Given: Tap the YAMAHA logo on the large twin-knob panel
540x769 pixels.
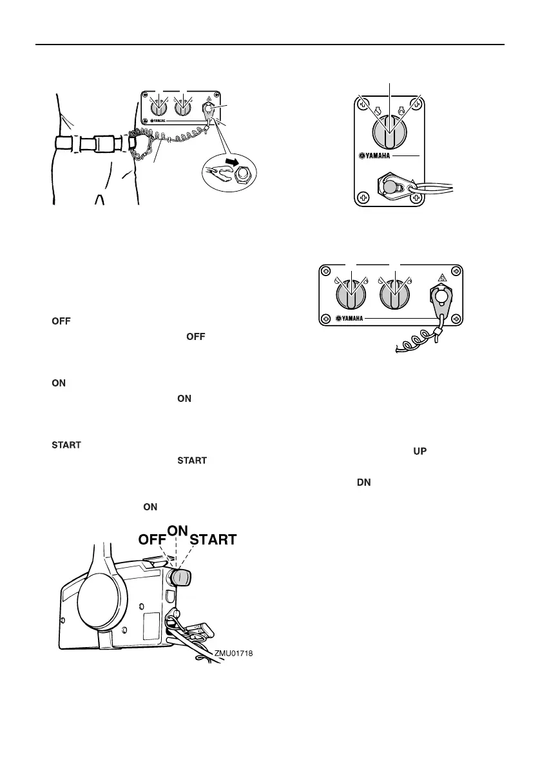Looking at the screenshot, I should pyautogui.click(x=353, y=318).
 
